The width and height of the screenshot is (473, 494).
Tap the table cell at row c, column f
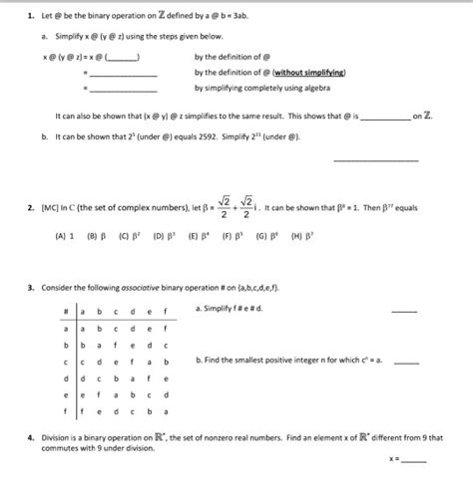(166, 360)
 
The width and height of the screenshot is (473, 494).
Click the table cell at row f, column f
(166, 409)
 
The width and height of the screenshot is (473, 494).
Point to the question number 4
(32, 436)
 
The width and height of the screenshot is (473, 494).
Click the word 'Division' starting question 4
(57, 436)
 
